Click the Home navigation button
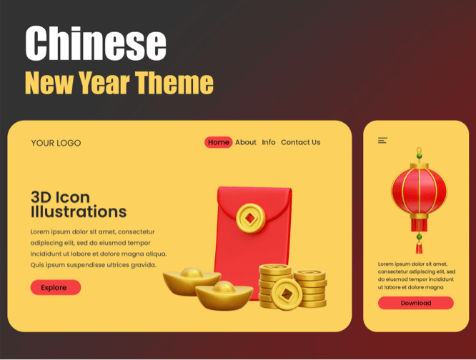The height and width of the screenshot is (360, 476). click(218, 142)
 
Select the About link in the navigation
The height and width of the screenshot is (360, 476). click(246, 142)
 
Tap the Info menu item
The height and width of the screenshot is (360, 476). click(269, 142)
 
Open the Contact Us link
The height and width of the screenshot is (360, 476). click(300, 142)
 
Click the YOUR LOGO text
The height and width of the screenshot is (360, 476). click(56, 143)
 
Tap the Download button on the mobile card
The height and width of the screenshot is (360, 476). click(415, 303)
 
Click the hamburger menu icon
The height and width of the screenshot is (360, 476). click(382, 141)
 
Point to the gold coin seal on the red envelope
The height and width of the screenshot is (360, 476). click(250, 218)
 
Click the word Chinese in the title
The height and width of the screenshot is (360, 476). click(96, 43)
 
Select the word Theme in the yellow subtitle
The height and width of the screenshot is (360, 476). click(174, 82)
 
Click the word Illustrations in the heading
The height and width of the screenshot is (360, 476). click(79, 211)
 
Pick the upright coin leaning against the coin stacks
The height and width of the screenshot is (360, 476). click(287, 294)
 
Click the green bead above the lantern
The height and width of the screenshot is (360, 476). click(420, 156)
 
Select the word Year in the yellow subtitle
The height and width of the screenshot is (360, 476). click(104, 82)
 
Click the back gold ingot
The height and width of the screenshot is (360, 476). click(192, 281)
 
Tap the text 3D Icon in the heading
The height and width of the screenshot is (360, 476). click(61, 197)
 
